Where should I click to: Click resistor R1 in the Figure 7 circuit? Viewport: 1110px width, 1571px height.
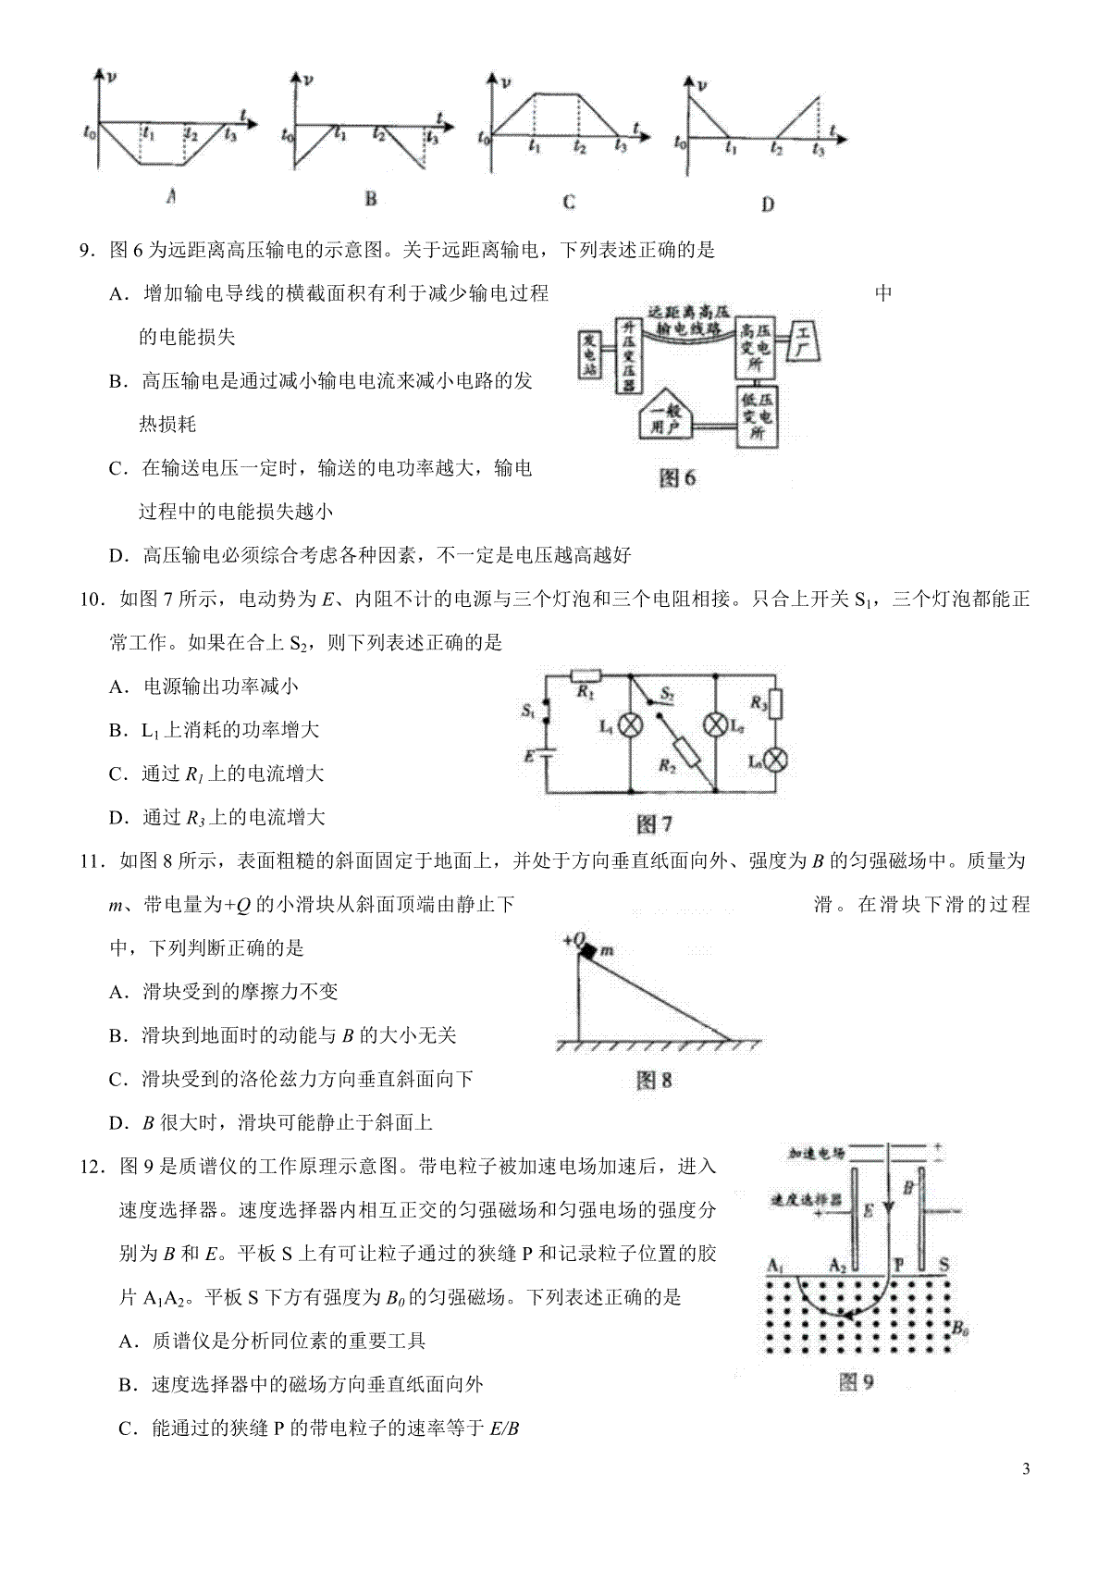pos(586,675)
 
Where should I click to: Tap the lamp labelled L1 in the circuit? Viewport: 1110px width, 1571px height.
pos(631,726)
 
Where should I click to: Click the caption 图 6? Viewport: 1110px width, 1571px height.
pos(677,477)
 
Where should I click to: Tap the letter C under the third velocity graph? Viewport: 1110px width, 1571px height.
pos(568,203)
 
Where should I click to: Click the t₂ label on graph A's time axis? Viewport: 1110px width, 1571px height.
pos(191,134)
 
